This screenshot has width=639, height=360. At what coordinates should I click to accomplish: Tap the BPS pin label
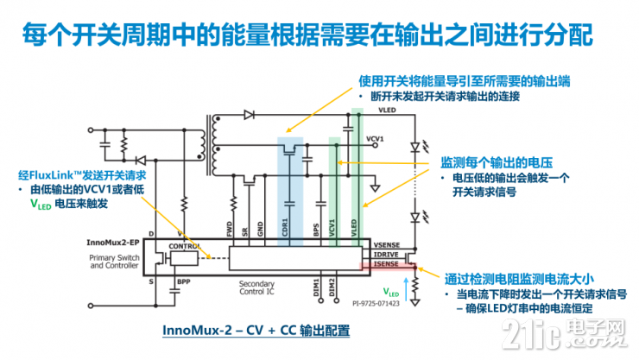pos(316,230)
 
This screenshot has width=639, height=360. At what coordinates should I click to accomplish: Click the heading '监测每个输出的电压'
pos(497,162)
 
